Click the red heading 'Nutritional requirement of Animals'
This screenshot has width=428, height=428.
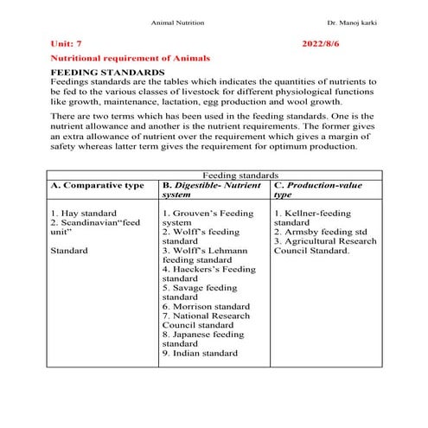tap(131, 57)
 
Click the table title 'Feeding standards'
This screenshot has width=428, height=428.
tap(239, 175)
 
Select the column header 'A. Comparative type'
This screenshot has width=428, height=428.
tap(97, 186)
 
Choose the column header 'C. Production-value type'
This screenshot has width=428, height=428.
tap(317, 190)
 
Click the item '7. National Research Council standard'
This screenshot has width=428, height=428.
tap(207, 322)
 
